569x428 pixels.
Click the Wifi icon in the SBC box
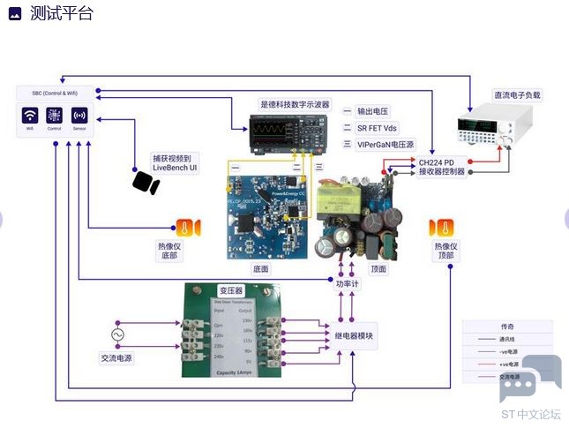(x=30, y=116)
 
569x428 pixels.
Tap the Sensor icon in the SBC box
(x=79, y=116)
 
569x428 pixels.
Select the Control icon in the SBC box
(x=55, y=116)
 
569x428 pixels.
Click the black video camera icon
(x=145, y=182)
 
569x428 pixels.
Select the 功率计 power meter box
(x=348, y=283)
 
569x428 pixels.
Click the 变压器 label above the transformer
(x=231, y=289)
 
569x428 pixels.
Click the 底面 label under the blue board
(x=261, y=269)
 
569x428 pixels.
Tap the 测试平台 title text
(x=61, y=13)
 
